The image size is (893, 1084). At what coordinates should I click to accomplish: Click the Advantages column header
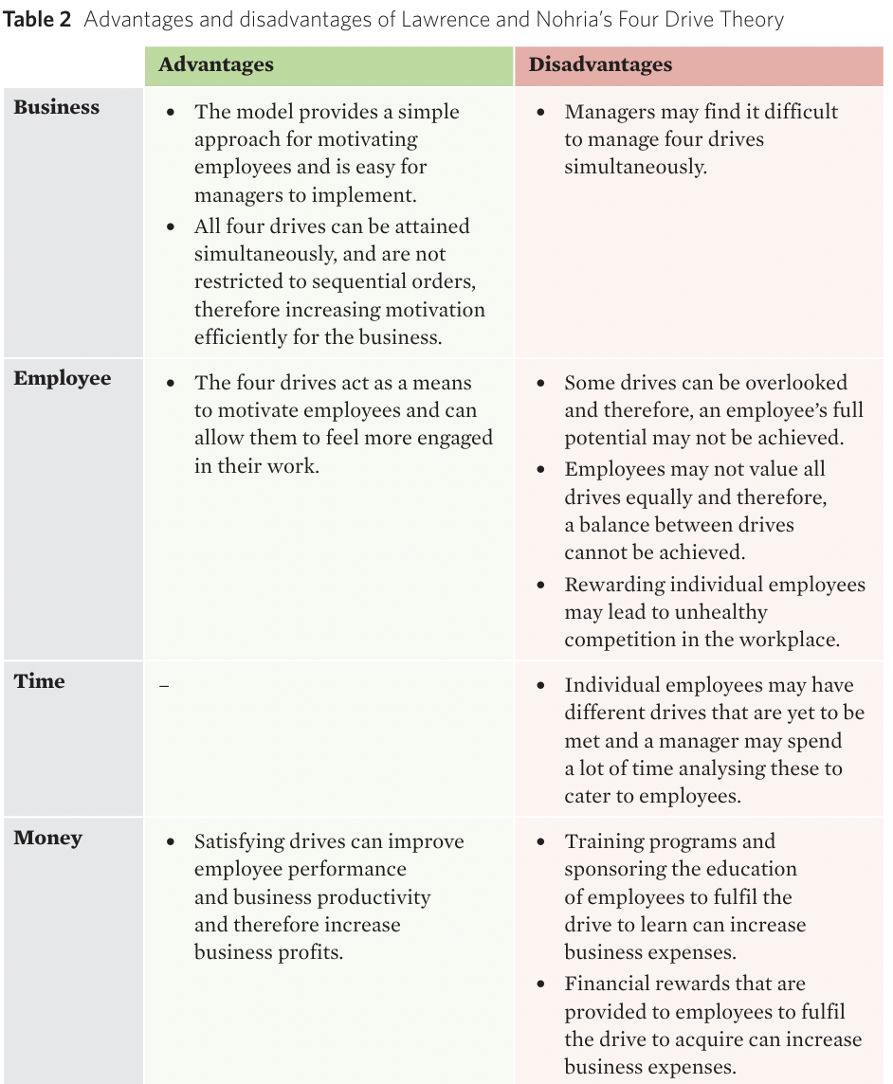point(216,65)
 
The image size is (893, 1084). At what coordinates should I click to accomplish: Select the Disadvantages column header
point(600,65)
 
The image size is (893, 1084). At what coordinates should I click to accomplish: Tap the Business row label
point(57,108)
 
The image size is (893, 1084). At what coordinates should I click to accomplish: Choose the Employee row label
point(63,379)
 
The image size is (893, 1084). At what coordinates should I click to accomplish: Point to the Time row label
point(40,681)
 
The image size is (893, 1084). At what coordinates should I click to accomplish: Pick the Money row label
point(48,839)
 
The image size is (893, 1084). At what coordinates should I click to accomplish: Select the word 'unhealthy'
point(722,612)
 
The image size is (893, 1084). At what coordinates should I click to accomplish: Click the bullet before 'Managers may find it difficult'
point(540,113)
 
